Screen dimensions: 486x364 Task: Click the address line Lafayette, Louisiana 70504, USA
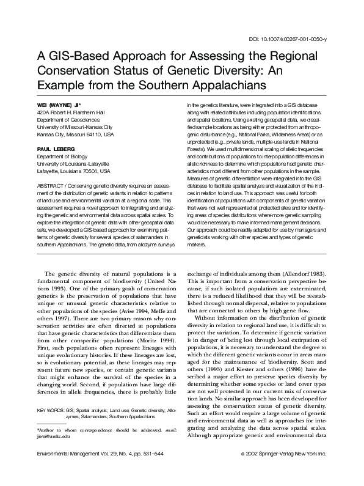tap(73, 169)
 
